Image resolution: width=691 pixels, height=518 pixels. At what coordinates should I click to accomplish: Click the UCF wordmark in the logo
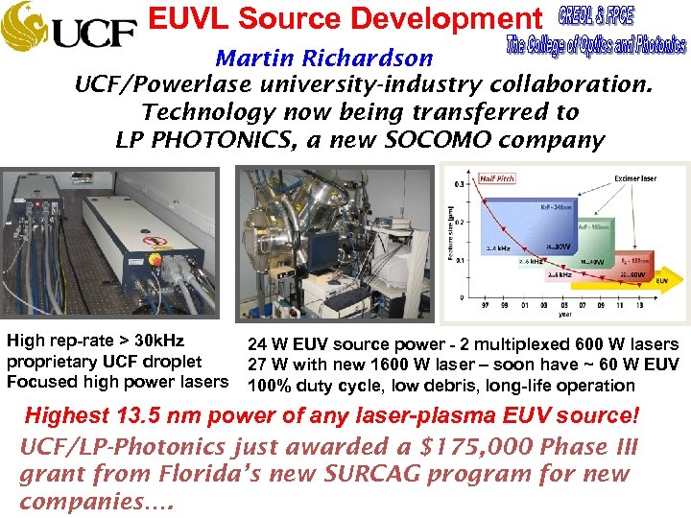click(x=95, y=35)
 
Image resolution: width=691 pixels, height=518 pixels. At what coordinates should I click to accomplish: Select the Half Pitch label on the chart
click(x=497, y=179)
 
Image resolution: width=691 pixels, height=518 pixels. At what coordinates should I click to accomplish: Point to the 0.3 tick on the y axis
click(x=462, y=183)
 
